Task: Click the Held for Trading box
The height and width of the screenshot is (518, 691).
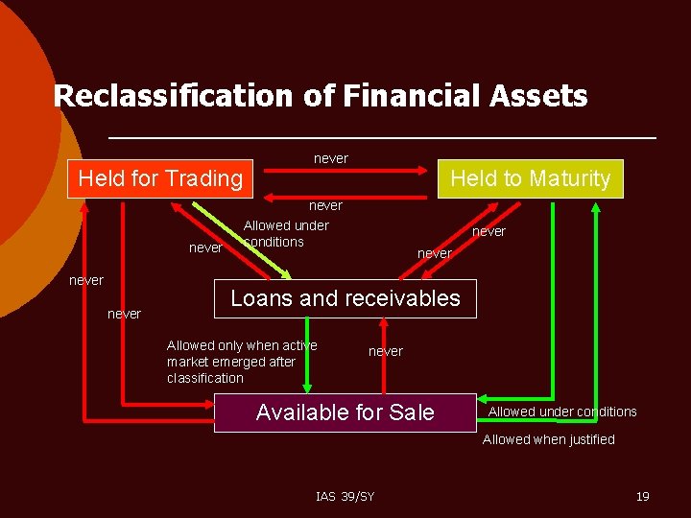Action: tap(160, 178)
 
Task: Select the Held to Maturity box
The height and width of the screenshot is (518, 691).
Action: tap(530, 178)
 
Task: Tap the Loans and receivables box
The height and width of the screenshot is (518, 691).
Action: tap(345, 298)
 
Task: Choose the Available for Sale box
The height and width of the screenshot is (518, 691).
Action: tap(345, 412)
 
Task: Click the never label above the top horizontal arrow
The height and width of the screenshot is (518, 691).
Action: tap(331, 158)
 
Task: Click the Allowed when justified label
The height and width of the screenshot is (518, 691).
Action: tap(548, 439)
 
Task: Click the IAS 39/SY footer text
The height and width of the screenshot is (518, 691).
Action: tap(345, 496)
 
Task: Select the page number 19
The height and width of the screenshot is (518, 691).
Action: tap(643, 496)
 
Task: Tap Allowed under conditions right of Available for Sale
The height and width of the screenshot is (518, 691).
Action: tap(562, 412)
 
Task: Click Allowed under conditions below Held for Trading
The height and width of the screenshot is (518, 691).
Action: tap(286, 233)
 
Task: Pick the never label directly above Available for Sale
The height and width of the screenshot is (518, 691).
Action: tap(386, 351)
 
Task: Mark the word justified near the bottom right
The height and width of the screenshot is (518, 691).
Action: tap(588, 439)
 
